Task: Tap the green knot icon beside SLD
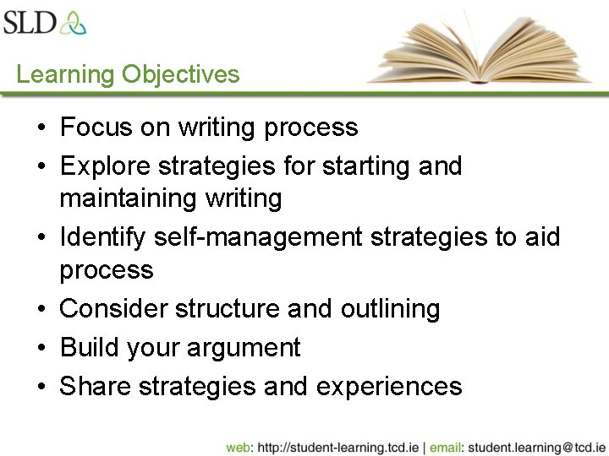click(x=73, y=22)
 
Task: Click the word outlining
click(x=390, y=309)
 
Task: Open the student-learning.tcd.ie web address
click(x=339, y=447)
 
